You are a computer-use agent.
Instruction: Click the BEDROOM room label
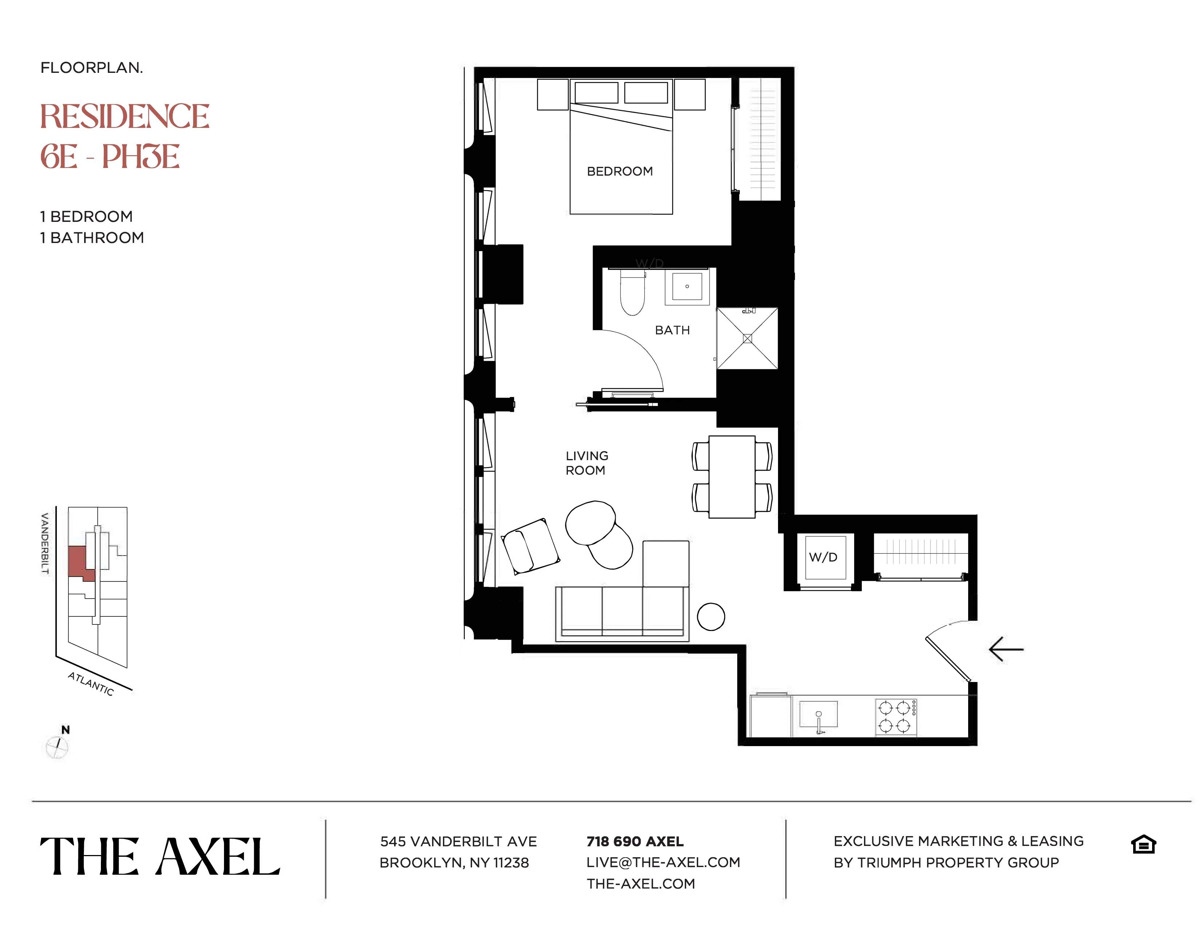620,171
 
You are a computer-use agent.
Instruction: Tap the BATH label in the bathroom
672,330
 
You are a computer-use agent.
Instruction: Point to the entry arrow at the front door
1006,650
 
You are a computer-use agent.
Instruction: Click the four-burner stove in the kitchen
895,717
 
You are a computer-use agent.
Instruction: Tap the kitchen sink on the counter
818,714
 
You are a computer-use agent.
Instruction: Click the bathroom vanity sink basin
687,286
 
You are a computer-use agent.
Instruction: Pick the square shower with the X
747,338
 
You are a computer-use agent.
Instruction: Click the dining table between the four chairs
731,477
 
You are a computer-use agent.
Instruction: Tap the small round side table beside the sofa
711,616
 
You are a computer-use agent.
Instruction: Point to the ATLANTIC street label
91,684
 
